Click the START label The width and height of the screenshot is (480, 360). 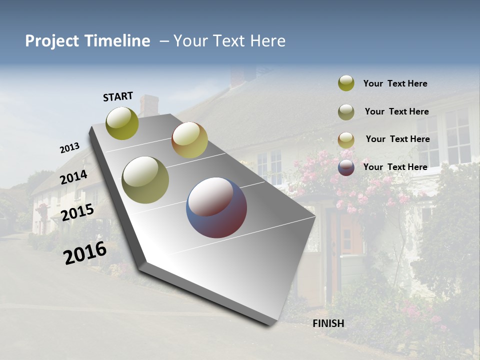[118, 96]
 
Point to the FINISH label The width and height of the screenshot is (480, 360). [328, 323]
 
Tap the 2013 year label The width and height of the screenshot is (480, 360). [70, 148]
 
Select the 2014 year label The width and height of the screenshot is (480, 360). [74, 177]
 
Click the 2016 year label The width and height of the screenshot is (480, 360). [85, 253]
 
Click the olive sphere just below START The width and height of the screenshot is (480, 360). [122, 123]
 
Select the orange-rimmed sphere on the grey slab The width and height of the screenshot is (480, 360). [189, 140]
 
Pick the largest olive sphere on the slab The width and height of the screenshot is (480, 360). [145, 179]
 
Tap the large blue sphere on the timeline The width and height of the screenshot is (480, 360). [216, 207]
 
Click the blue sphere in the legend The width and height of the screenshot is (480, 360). [346, 167]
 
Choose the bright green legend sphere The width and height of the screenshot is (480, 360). [346, 83]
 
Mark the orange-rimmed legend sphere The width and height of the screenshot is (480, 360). [346, 139]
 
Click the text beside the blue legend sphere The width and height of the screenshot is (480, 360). [395, 167]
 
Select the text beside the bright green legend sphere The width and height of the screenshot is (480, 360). [395, 83]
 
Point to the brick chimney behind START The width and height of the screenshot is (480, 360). [149, 105]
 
